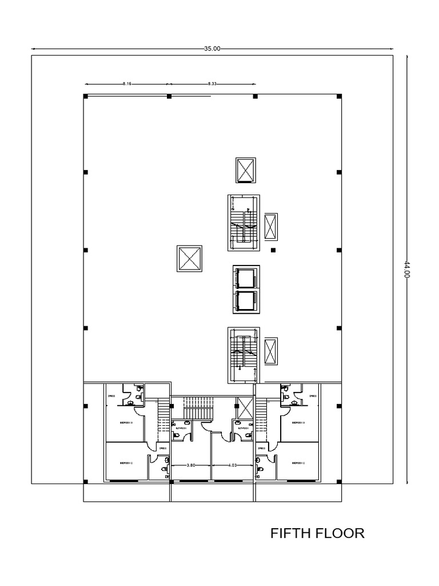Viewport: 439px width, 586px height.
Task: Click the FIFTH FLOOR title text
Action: [317, 533]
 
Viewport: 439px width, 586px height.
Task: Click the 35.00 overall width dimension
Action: [212, 49]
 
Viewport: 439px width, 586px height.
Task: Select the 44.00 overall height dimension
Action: [407, 269]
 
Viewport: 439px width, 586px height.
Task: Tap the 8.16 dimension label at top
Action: [127, 84]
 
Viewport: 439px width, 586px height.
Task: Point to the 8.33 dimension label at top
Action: [211, 84]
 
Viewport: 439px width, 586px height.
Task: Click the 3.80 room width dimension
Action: [191, 465]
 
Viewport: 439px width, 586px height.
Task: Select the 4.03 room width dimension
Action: [232, 465]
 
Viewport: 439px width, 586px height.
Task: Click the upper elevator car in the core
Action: [246, 278]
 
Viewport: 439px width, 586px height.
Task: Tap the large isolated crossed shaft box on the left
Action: [190, 259]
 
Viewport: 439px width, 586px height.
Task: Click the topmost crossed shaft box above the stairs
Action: [246, 171]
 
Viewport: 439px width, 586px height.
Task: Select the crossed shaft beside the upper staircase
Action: [271, 227]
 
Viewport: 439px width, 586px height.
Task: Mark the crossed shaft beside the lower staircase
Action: [271, 351]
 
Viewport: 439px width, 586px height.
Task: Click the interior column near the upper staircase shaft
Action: [273, 250]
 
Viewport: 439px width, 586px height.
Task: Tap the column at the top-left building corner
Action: [85, 96]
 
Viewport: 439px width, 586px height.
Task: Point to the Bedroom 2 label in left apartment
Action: [126, 462]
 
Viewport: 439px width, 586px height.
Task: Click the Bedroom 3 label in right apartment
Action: [297, 423]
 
